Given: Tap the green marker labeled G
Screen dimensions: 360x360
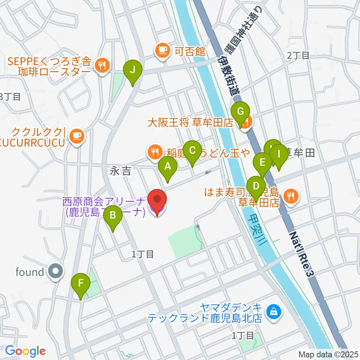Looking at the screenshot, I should pos(240,112).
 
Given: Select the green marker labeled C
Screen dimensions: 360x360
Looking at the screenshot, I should pos(192,151).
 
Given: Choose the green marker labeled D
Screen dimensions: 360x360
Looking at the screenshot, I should pos(256,186).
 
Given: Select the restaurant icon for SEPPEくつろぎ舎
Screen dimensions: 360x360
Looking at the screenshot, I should pos(102,66).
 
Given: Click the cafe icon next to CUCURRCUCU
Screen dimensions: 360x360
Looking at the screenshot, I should pos(77,135).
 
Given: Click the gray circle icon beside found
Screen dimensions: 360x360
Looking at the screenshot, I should pos(56,272).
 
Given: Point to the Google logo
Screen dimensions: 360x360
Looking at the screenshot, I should pos(25,351).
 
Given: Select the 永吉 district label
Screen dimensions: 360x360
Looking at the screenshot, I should pos(121,172).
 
